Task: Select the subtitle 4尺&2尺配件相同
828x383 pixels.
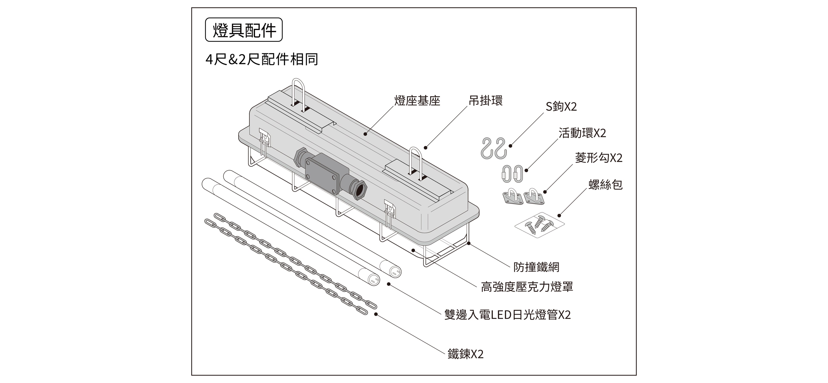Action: pos(262,59)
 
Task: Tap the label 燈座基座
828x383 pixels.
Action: pos(417,101)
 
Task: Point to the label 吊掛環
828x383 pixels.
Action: pos(485,101)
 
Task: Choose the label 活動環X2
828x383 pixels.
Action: pos(582,133)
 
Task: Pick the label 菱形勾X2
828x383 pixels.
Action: pos(599,158)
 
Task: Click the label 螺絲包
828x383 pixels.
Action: pos(605,185)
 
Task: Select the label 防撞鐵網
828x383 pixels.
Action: pos(536,267)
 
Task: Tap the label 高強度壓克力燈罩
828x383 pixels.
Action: pos(527,287)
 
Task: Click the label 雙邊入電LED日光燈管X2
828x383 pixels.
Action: pos(507,315)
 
